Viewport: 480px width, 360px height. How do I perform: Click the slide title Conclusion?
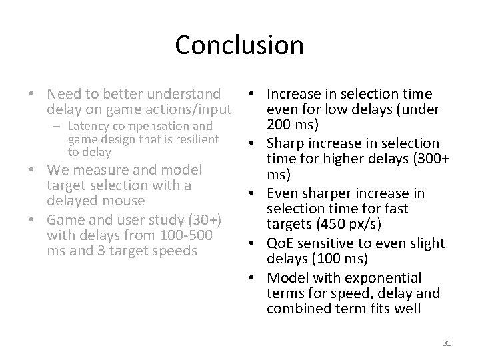pyautogui.click(x=239, y=45)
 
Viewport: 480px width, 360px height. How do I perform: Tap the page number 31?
pyautogui.click(x=447, y=343)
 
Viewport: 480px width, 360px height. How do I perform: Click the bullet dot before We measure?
pyautogui.click(x=39, y=169)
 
